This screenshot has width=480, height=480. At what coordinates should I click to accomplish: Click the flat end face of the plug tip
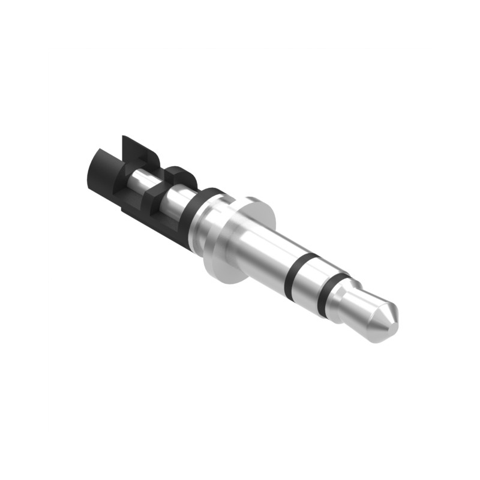point(392,311)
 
